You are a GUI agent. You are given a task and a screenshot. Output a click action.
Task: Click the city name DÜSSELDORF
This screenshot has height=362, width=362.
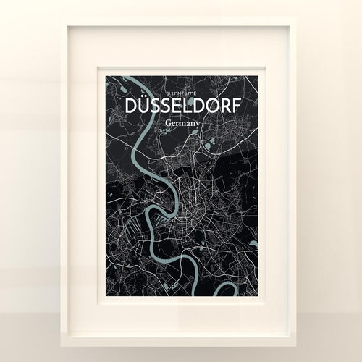(181, 106)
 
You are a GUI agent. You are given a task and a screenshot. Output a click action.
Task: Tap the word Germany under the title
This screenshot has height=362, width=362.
(181, 123)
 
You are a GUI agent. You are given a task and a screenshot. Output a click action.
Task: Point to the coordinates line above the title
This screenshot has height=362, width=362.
(181, 93)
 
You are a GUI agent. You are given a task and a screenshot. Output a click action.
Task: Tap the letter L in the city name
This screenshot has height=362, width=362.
(182, 106)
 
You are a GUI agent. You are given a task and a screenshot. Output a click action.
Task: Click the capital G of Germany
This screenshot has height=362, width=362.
(167, 123)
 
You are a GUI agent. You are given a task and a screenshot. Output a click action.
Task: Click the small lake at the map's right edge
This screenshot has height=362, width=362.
(253, 244)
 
